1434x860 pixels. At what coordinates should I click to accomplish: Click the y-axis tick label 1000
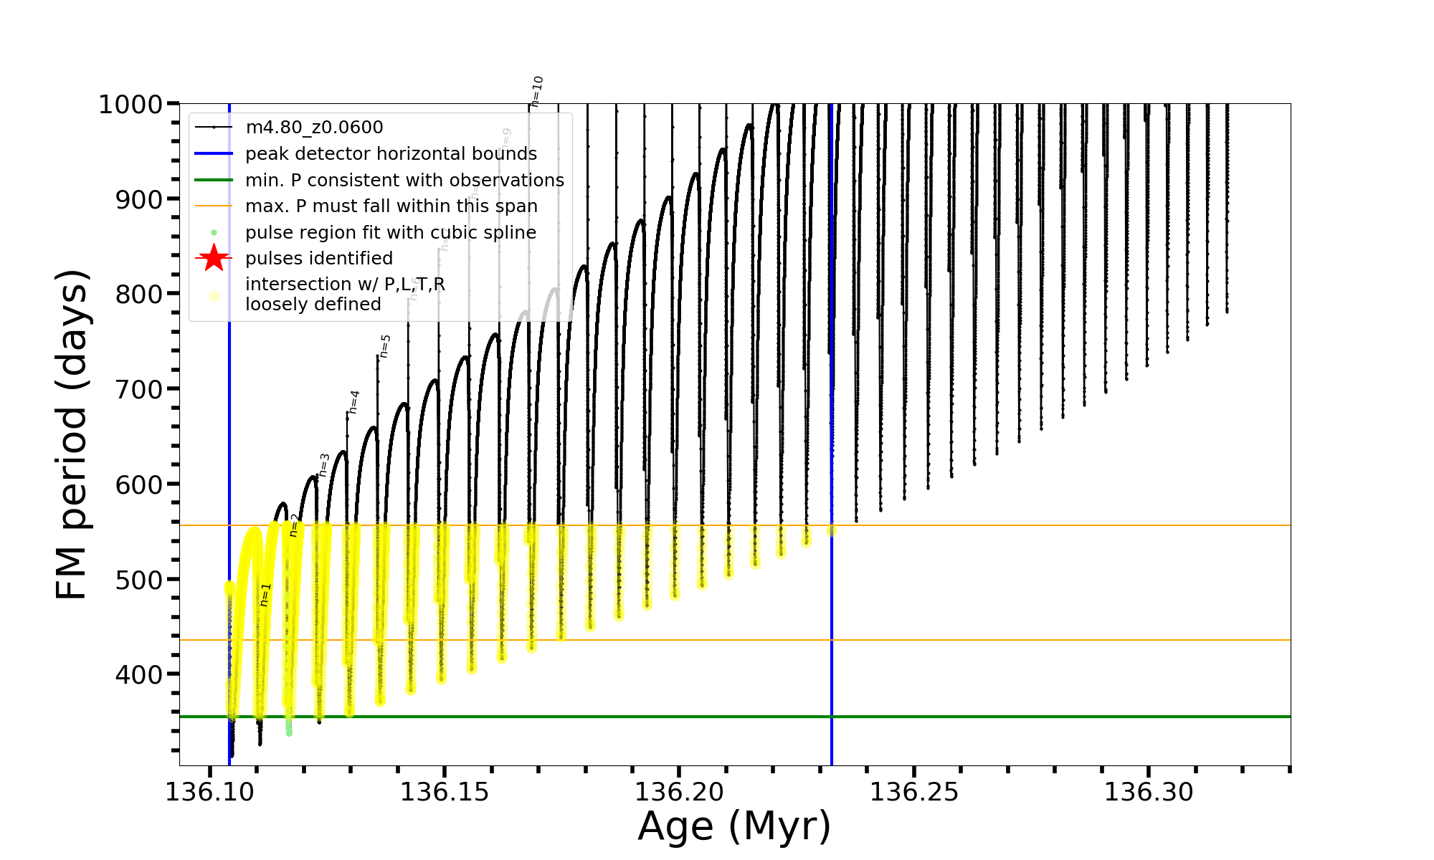[x=130, y=105]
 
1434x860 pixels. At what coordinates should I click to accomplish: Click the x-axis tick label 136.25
[x=914, y=793]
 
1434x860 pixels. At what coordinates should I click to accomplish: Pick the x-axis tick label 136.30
[x=1149, y=793]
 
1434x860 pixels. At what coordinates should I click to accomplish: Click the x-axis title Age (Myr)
[x=734, y=826]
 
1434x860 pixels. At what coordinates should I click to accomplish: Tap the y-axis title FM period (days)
[x=72, y=434]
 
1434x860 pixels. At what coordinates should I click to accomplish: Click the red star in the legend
[x=214, y=258]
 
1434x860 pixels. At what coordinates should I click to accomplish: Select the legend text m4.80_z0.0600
[x=314, y=128]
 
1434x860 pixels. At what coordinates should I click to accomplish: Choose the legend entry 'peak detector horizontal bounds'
[x=391, y=154]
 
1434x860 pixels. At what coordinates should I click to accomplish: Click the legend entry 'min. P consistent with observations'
[x=404, y=180]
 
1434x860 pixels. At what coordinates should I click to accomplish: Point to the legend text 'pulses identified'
[x=319, y=258]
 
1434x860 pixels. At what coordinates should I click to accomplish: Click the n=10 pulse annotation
[x=537, y=91]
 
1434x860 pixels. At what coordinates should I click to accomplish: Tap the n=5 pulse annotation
[x=385, y=345]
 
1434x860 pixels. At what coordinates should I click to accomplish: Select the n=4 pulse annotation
[x=353, y=402]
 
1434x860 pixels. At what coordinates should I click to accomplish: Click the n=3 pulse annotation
[x=324, y=464]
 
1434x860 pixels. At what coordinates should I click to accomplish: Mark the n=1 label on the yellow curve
[x=265, y=595]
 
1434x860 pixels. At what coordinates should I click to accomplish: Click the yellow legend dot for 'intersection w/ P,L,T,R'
[x=214, y=295]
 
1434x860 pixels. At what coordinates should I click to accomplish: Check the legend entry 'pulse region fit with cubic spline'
[x=391, y=232]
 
